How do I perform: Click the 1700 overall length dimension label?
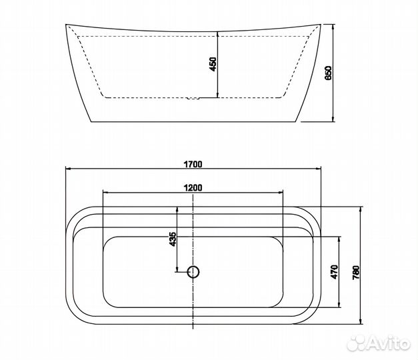pyautogui.click(x=193, y=164)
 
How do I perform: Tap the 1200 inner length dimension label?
pyautogui.click(x=193, y=188)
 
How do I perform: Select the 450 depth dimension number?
pyautogui.click(x=213, y=64)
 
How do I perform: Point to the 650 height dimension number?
pyautogui.click(x=329, y=73)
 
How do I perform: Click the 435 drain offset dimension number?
pyautogui.click(x=173, y=239)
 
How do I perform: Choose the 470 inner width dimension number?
pyautogui.click(x=334, y=272)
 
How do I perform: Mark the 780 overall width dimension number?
pyautogui.click(x=356, y=272)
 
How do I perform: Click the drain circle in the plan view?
pyautogui.click(x=193, y=272)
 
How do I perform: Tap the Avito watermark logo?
pyautogui.click(x=379, y=343)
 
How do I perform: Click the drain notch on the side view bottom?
pyautogui.click(x=193, y=99)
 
